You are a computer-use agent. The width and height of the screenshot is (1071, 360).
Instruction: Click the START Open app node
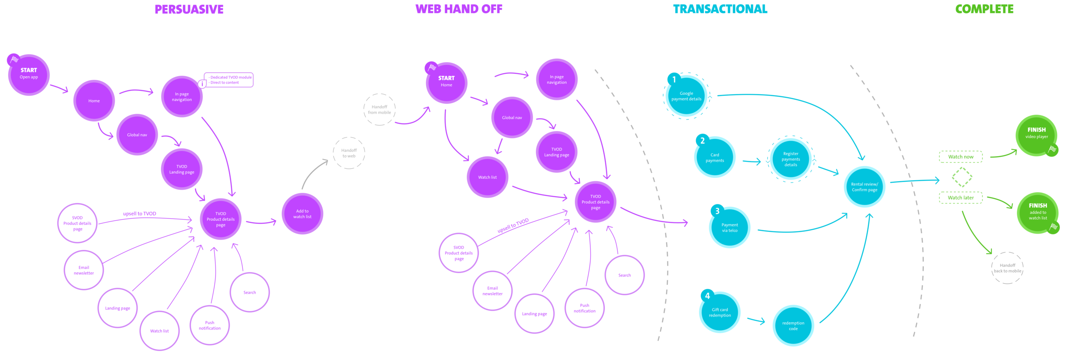(29, 75)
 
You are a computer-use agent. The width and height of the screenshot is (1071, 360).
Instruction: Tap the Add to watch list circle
(302, 213)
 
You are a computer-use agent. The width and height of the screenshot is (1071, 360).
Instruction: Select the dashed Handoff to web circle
(349, 153)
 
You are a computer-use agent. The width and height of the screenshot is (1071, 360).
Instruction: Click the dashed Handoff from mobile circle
(379, 110)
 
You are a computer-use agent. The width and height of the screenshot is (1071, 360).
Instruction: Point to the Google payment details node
(686, 96)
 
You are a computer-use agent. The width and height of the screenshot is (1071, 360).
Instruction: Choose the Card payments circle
(715, 157)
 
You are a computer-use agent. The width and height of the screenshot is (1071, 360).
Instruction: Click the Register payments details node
(790, 159)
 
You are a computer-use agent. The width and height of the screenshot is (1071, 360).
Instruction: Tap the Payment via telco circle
(730, 228)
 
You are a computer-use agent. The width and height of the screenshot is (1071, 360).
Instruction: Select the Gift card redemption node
(720, 312)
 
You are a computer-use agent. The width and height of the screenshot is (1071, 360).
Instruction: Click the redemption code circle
(793, 326)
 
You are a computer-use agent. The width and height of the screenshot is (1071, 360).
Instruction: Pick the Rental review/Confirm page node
(864, 187)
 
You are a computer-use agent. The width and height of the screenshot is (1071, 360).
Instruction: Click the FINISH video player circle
(1036, 135)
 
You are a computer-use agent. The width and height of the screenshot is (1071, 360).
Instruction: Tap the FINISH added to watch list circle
(1038, 213)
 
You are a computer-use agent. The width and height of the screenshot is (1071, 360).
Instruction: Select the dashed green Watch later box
(960, 198)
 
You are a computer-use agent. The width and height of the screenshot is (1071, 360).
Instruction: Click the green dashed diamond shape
(962, 177)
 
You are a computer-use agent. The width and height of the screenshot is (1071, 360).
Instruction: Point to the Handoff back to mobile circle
(1007, 268)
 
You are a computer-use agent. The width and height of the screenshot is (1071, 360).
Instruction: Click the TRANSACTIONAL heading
(720, 9)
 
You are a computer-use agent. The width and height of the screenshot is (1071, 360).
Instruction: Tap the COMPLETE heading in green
(984, 9)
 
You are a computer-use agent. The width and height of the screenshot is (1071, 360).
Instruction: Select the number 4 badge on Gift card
(707, 296)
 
